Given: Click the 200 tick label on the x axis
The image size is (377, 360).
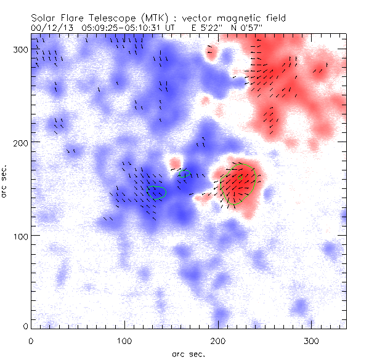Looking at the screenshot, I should pos(218,339).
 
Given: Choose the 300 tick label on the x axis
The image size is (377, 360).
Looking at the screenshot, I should pos(312,339).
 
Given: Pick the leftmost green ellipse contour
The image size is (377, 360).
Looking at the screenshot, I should pos(156,193).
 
